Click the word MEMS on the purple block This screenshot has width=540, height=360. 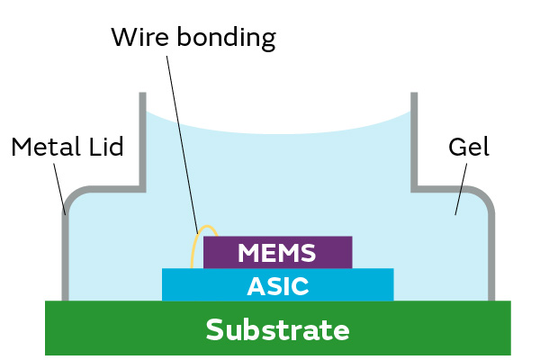[277, 253]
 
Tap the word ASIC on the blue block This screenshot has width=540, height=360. [277, 286]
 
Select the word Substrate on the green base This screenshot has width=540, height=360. [277, 329]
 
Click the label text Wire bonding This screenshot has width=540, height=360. [193, 38]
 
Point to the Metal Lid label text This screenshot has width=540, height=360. [67, 147]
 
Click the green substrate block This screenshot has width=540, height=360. [108, 328]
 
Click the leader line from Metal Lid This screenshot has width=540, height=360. [59, 189]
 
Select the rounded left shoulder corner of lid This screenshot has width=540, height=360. [72, 195]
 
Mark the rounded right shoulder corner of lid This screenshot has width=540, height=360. [484, 195]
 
